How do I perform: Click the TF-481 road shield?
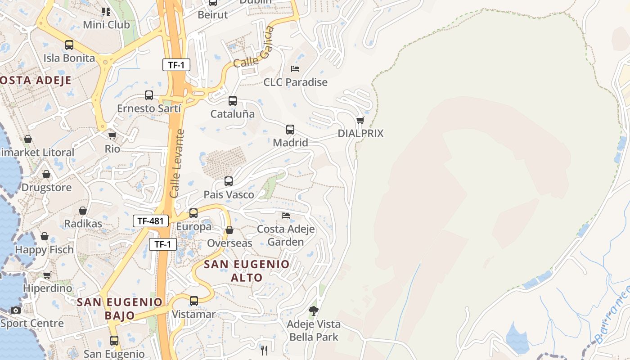coord(151,221)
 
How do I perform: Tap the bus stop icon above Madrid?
coord(290,130)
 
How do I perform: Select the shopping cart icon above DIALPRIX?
coord(360,120)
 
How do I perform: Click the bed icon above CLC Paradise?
coord(295,69)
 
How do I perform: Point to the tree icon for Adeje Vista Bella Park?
coord(314,310)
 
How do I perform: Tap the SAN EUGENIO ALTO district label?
coord(247,270)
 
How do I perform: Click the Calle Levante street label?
coord(177,164)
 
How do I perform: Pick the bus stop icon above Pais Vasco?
coord(229,181)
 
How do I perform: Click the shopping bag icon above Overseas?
coord(229,230)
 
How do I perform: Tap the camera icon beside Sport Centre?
coord(16,310)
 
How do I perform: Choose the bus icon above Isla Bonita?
coord(69,45)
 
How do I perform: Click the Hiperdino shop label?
coord(47,288)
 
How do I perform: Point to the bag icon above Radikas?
coord(83,211)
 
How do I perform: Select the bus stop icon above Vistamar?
coord(194,301)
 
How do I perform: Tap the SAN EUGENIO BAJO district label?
coord(120,308)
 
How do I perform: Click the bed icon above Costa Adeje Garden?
coord(286,216)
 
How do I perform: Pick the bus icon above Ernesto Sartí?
coord(149,95)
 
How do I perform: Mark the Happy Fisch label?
coord(44,249)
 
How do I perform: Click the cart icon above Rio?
coord(112,135)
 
